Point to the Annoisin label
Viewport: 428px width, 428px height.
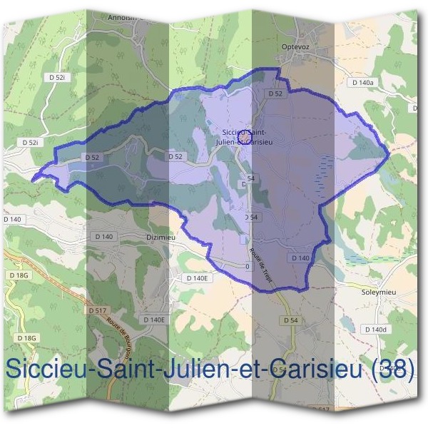point(119,16)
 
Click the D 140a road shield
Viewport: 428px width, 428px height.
point(362,83)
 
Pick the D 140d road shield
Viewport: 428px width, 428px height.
point(374,330)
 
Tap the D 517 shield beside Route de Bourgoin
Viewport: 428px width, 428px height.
point(97,311)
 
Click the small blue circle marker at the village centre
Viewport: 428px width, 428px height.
point(241,133)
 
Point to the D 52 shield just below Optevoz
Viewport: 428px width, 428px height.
point(275,93)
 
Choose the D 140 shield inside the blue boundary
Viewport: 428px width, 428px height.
point(300,258)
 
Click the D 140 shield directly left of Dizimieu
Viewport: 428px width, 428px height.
point(103,236)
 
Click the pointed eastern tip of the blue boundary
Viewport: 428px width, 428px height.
point(389,152)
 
